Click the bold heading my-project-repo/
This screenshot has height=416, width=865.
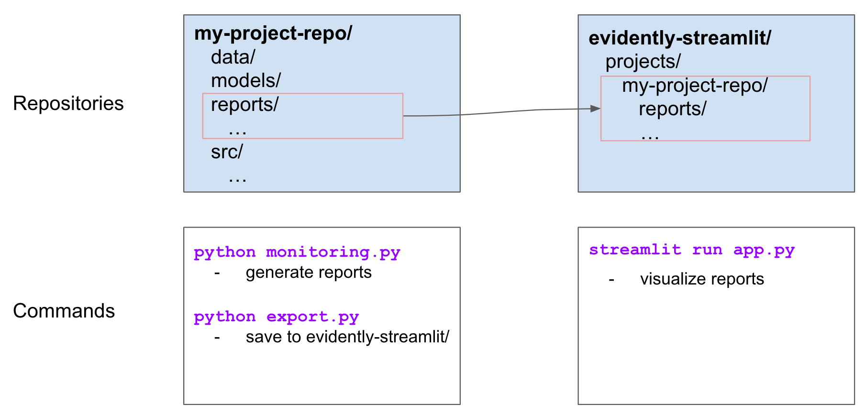(273, 33)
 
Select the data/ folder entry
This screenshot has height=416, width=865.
(233, 57)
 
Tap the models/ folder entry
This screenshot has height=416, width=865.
(245, 81)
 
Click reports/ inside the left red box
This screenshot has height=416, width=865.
(244, 104)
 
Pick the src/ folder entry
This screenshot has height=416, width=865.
(227, 152)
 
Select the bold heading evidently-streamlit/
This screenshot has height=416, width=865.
(679, 38)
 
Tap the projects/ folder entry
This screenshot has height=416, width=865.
(643, 62)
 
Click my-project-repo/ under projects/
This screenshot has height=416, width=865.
(694, 86)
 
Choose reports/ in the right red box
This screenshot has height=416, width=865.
(672, 109)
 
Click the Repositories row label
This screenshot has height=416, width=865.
(68, 103)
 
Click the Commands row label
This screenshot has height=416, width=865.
(64, 311)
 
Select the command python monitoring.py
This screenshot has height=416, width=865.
(297, 252)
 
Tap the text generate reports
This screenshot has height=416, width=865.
(309, 273)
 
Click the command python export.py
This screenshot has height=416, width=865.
(276, 317)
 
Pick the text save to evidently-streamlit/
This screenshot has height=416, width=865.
(347, 337)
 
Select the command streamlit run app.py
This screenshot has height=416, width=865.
(691, 250)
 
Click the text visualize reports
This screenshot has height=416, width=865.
(702, 279)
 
